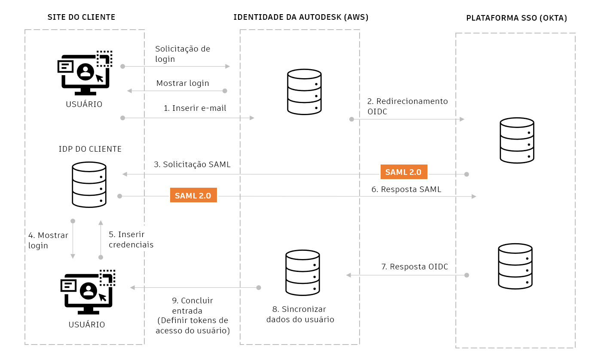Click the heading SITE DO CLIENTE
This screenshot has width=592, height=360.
81,17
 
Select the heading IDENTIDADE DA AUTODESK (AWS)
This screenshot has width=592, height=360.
301,17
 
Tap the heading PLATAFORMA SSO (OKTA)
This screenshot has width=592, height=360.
516,18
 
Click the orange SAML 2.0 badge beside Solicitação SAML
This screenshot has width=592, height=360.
404,172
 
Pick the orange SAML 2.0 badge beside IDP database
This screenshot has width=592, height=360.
193,195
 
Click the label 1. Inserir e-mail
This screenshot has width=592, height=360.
195,108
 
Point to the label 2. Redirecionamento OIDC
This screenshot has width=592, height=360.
407,106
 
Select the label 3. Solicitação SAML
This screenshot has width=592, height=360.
192,164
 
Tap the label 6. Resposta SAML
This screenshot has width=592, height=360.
406,189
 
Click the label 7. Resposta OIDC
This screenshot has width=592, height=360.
415,266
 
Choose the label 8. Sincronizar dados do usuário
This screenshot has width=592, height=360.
300,314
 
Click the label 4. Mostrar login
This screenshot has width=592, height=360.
48,241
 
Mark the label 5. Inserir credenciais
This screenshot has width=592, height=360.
131,240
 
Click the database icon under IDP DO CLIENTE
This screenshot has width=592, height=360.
89,185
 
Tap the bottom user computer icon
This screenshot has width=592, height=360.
88,292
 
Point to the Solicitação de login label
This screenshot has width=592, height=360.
183,54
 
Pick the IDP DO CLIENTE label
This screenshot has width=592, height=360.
90,149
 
